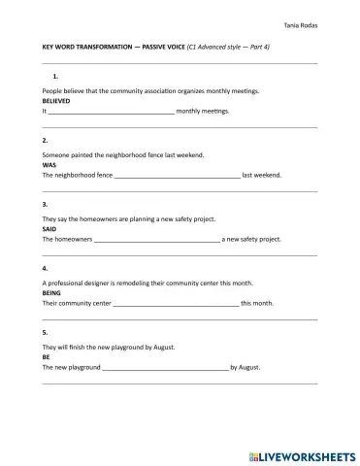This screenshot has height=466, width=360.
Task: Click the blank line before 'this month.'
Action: tap(176, 304)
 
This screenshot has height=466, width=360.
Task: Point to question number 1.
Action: tap(56, 76)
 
